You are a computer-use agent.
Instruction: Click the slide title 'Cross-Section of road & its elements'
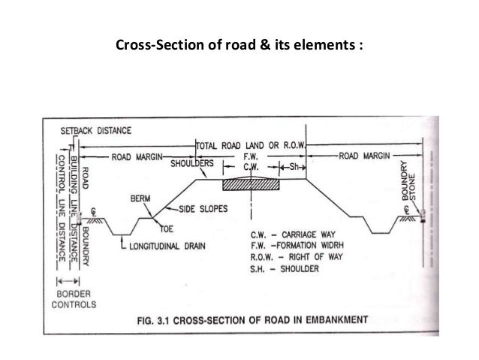pyautogui.click(x=239, y=44)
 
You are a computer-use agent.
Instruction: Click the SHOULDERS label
pyautogui.click(x=193, y=163)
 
